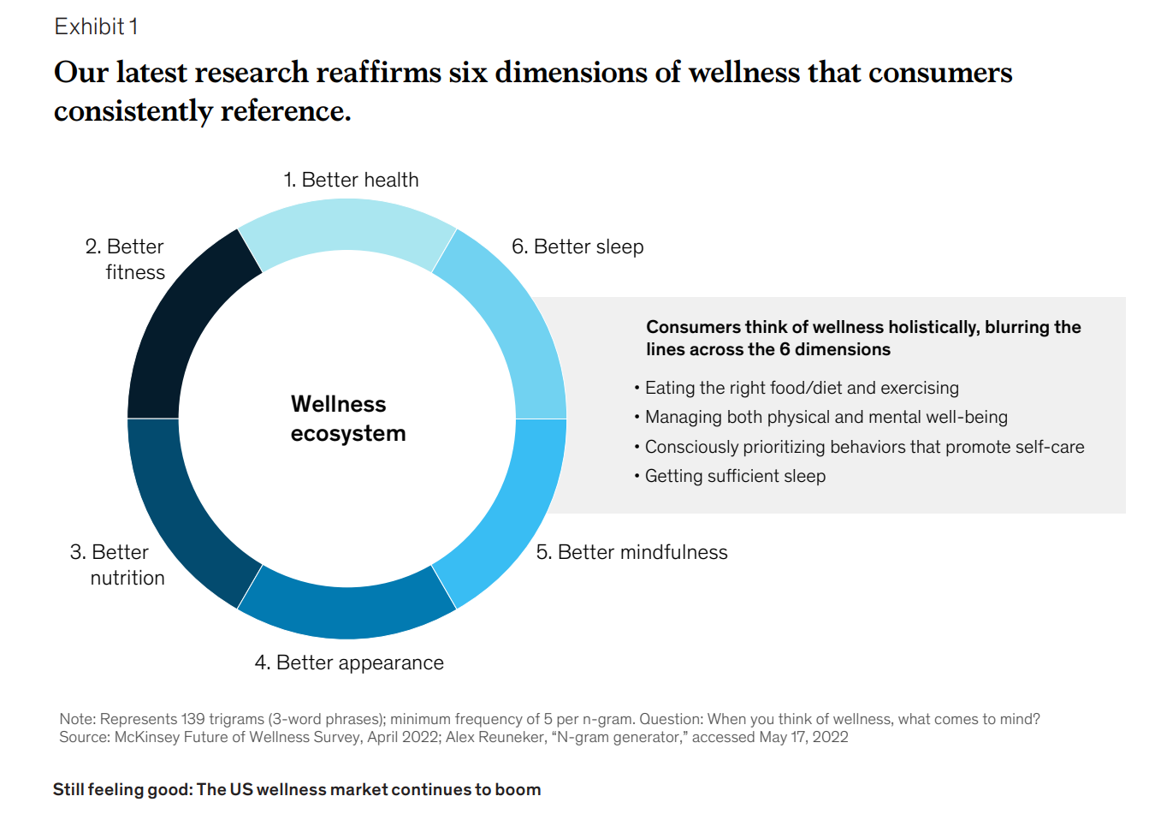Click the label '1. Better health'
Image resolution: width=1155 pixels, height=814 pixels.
[351, 180]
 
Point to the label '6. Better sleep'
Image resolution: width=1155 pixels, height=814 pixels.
[577, 247]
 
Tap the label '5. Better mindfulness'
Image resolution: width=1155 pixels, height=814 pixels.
[631, 552]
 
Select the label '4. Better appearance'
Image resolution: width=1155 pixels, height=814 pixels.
[349, 662]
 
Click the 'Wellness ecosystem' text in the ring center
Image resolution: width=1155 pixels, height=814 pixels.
[347, 419]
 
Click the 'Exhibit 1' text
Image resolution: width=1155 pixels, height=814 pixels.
[96, 27]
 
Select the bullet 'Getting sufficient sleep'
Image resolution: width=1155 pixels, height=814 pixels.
[735, 476]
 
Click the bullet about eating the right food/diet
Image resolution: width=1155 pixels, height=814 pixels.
[802, 388]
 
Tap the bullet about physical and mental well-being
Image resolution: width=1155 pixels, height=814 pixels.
[826, 417]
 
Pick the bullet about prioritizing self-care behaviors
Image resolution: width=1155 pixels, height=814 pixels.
[864, 447]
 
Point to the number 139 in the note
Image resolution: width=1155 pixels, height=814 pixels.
[193, 719]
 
